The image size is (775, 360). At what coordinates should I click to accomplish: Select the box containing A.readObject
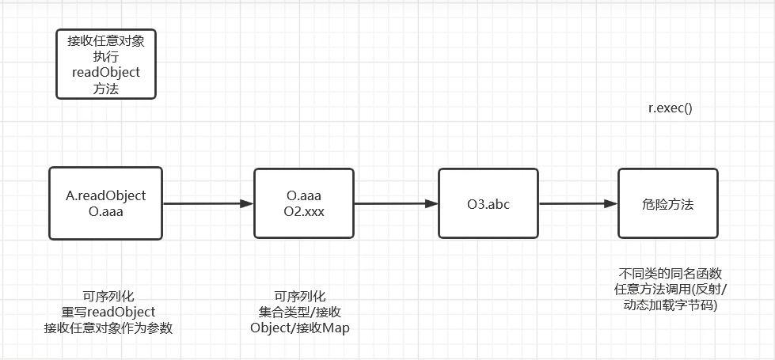click(x=105, y=203)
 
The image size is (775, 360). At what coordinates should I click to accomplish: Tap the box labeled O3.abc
click(x=488, y=203)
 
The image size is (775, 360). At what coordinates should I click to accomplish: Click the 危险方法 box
click(x=667, y=203)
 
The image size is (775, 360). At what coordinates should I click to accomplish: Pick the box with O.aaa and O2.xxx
click(x=303, y=203)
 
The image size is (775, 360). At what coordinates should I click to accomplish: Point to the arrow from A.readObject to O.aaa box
click(x=207, y=203)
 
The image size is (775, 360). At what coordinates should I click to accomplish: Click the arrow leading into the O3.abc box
click(x=396, y=203)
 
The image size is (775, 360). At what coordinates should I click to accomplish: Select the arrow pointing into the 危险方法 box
click(x=578, y=203)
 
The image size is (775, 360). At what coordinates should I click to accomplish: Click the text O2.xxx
click(x=304, y=212)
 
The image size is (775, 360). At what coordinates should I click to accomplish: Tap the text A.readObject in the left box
click(x=106, y=195)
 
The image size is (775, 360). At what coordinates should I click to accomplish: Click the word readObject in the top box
click(x=106, y=72)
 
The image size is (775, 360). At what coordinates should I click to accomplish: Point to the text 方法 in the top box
click(x=106, y=89)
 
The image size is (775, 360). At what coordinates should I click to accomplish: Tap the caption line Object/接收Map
click(x=299, y=328)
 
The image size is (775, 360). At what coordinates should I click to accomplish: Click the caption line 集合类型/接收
click(x=299, y=311)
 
